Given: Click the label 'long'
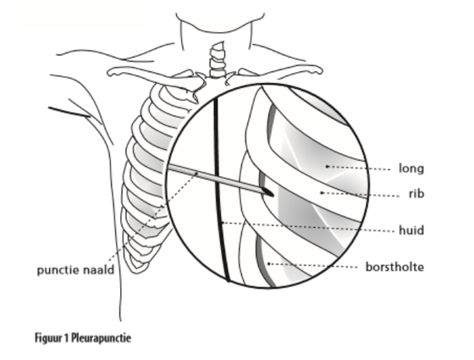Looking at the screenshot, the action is [411, 169].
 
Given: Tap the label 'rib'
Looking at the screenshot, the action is [416, 194].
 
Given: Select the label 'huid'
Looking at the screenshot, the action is [411, 230].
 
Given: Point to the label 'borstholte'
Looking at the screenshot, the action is [394, 267].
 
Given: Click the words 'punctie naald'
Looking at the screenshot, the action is [75, 270].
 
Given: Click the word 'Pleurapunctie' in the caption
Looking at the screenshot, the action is [102, 338].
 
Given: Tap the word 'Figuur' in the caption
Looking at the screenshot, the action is [48, 338].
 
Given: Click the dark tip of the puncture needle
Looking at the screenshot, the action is [268, 192].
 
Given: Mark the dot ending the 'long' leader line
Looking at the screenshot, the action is [327, 166].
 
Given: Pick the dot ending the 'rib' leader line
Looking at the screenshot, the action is [322, 192].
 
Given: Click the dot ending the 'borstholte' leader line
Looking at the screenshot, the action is [269, 263].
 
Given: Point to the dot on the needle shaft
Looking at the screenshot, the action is [196, 174].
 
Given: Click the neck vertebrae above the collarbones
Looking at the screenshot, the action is [218, 59].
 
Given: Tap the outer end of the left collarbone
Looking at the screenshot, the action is [111, 73].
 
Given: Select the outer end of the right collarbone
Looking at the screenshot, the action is [318, 71].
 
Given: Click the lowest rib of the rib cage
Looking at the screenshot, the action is [136, 265].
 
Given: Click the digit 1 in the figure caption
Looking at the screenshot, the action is [67, 338].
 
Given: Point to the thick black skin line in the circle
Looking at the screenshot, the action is [220, 190].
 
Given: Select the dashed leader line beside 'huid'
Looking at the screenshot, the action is [308, 227].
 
